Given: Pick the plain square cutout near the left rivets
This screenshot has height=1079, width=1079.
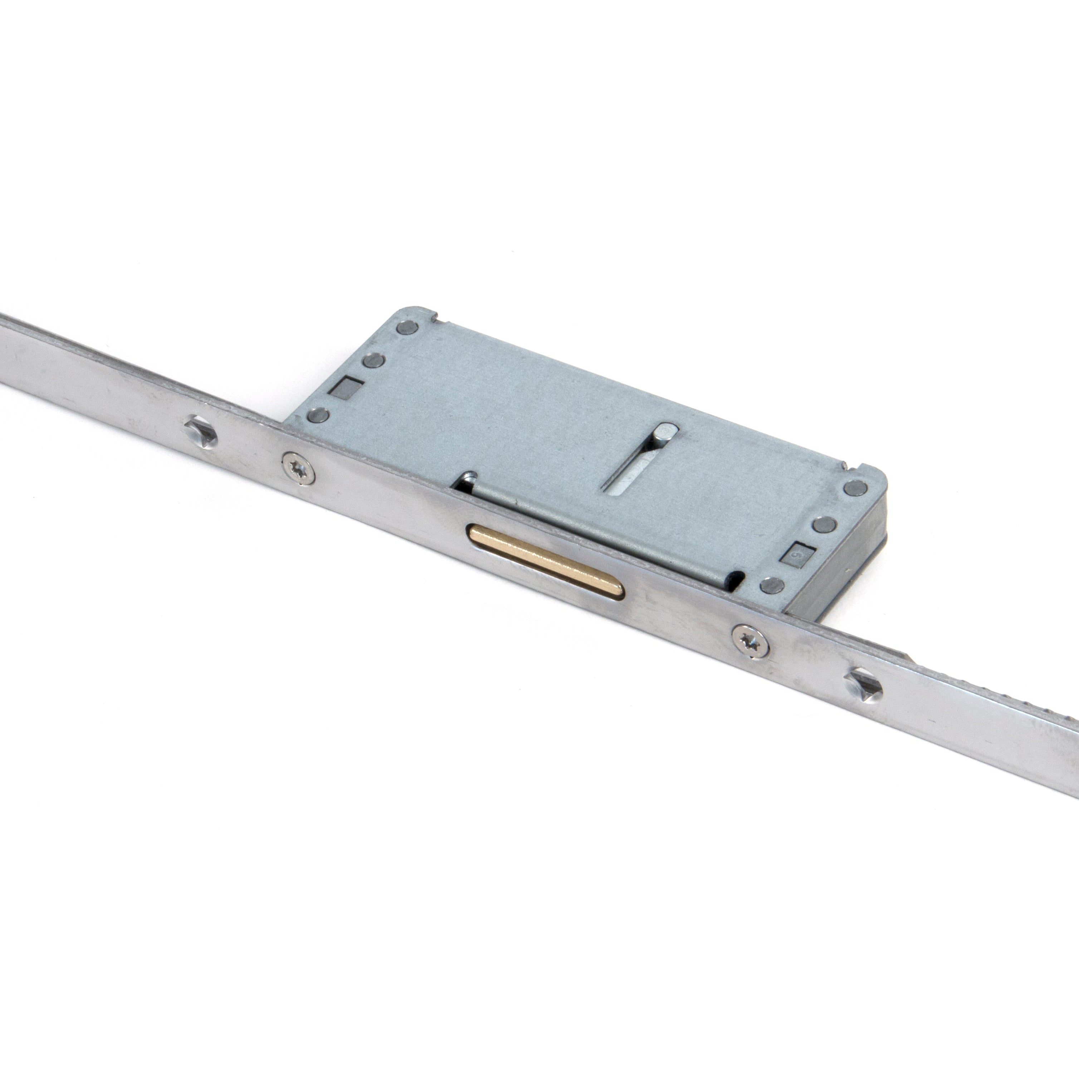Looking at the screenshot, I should (345, 386).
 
